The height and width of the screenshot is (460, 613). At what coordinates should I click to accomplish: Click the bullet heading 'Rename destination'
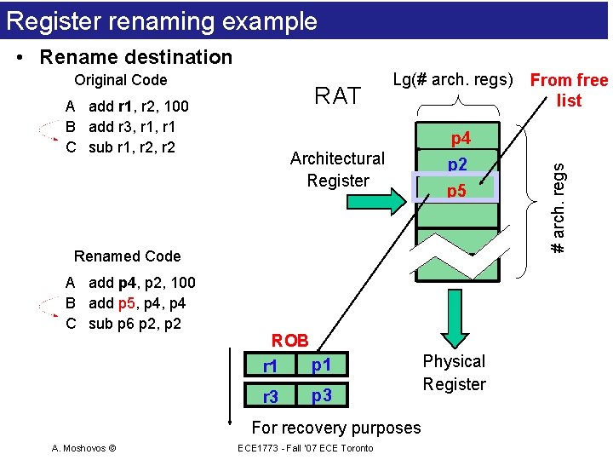tap(135, 57)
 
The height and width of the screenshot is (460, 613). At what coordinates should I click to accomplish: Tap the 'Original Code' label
tap(121, 80)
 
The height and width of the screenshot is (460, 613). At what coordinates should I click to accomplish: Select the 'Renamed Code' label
tap(128, 256)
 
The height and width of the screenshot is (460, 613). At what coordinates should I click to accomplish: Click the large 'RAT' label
tap(338, 96)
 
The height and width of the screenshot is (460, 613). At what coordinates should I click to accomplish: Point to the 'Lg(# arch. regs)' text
tap(453, 80)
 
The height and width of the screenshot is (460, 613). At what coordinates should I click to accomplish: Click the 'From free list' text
tap(569, 90)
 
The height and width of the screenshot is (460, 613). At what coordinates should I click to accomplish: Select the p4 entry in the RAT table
tap(460, 138)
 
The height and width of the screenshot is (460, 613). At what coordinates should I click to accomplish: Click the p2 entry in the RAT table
tap(457, 164)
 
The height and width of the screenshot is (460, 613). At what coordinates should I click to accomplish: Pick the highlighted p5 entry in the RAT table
tap(457, 190)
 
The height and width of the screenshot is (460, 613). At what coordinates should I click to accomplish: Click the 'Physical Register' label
tap(454, 372)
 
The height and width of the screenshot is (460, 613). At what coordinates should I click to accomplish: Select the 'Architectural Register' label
tap(338, 169)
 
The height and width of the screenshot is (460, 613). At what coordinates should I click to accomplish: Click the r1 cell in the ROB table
tap(270, 367)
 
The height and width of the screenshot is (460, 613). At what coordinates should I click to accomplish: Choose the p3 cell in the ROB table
tap(322, 395)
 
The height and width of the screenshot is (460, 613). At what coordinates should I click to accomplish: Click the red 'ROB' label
tap(290, 341)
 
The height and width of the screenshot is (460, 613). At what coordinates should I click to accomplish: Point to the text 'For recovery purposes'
tap(336, 428)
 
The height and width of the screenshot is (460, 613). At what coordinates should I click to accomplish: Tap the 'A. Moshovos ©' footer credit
tap(84, 448)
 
